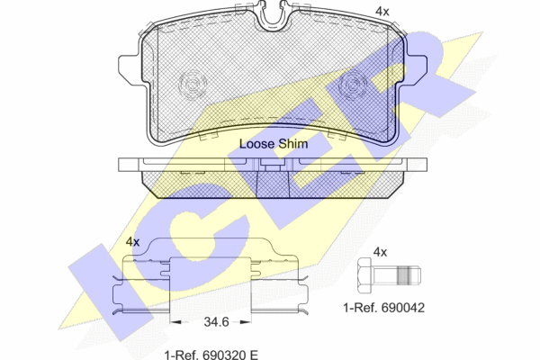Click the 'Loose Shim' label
pos(274,144)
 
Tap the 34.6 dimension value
pos(216,322)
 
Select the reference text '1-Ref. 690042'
pos(383,308)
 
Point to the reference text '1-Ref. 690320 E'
pos(211,355)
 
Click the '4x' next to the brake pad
pos(382,12)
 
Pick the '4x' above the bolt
pos(380,252)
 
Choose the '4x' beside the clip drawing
pos(132,242)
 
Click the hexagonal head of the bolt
pos(365,274)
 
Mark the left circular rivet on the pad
pos(193,85)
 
